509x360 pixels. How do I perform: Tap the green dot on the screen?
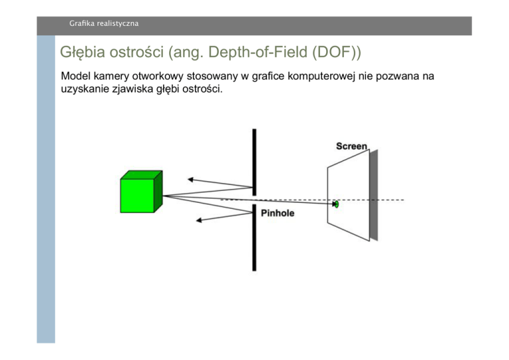click(336, 204)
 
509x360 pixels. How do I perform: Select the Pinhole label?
click(278, 213)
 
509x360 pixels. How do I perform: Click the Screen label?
click(351, 146)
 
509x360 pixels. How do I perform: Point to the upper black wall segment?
click(254, 159)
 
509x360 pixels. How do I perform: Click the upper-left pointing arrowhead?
click(190, 178)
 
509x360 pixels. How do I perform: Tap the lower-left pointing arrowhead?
click(200, 219)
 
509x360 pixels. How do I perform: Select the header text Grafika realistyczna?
click(104, 24)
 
